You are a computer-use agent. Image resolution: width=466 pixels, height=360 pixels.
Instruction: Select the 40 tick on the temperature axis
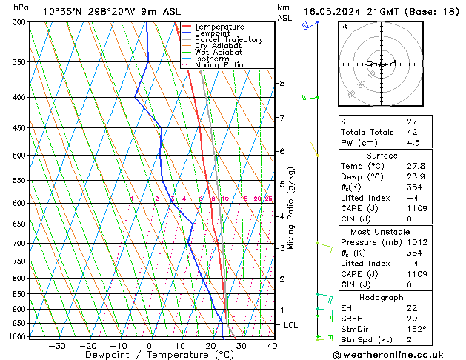click(x=271, y=345)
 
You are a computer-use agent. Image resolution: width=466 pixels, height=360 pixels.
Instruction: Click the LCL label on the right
click(x=291, y=325)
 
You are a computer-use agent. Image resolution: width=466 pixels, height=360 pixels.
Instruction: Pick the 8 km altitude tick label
click(x=282, y=84)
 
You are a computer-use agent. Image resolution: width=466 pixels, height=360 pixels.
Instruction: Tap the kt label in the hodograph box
click(x=344, y=26)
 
